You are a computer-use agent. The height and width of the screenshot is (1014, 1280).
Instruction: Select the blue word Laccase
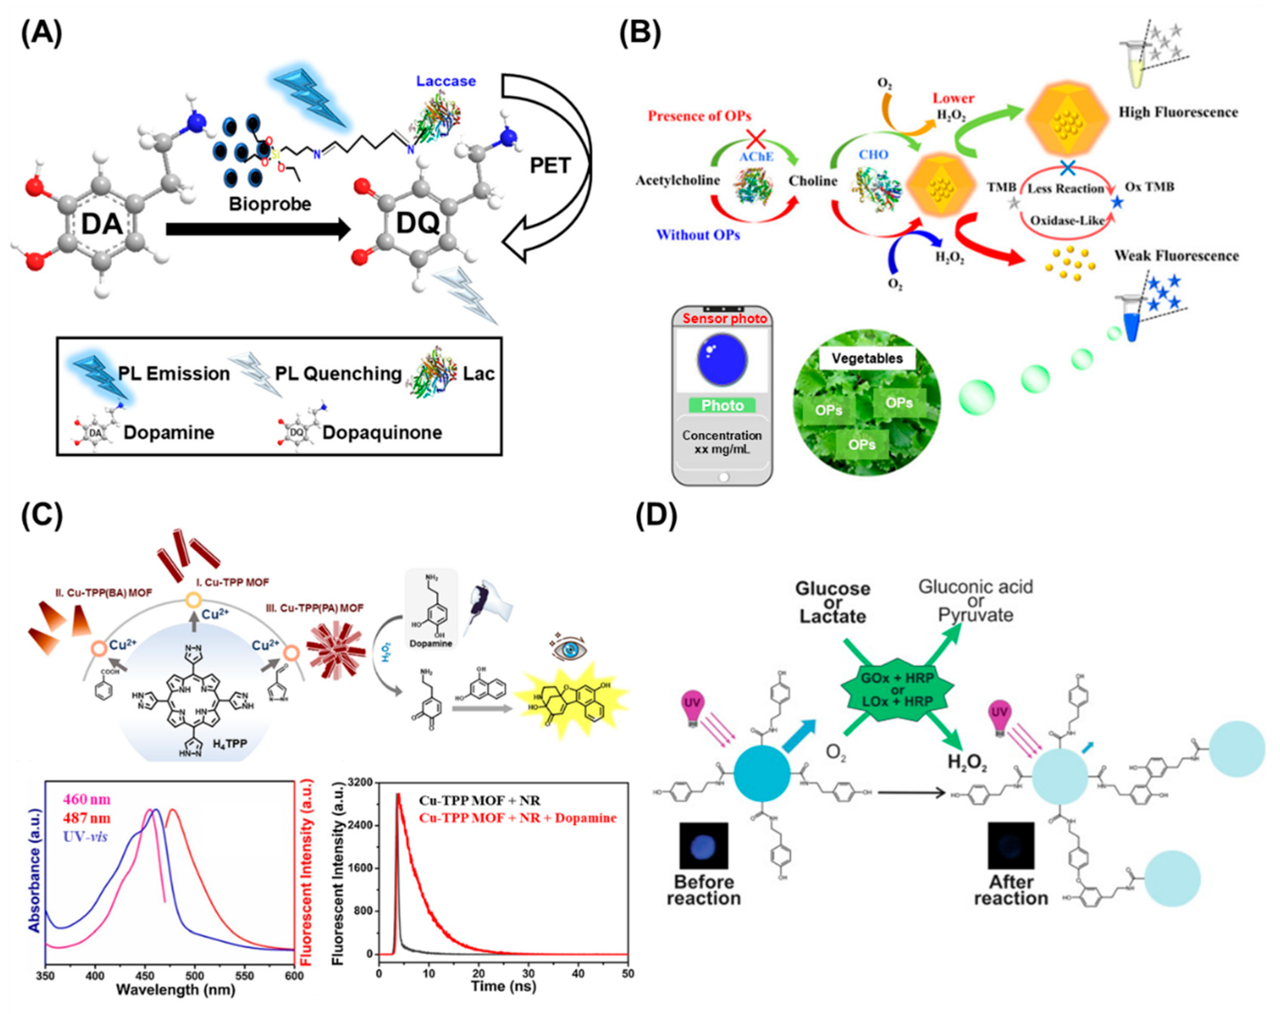point(446,81)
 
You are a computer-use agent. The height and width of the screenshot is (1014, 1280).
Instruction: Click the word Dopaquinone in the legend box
point(382,432)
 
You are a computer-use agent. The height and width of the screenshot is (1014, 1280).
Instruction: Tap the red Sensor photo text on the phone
point(724,319)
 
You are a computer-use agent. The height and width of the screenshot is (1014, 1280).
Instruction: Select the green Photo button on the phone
point(722,406)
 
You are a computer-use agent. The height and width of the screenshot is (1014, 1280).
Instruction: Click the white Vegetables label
point(867,358)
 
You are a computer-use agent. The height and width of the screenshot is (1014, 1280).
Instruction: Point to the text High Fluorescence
point(1178,112)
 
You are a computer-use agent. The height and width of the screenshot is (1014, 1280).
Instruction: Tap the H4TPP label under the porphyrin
point(228,743)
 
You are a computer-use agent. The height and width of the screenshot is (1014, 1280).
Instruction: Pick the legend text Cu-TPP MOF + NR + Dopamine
point(518,818)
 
